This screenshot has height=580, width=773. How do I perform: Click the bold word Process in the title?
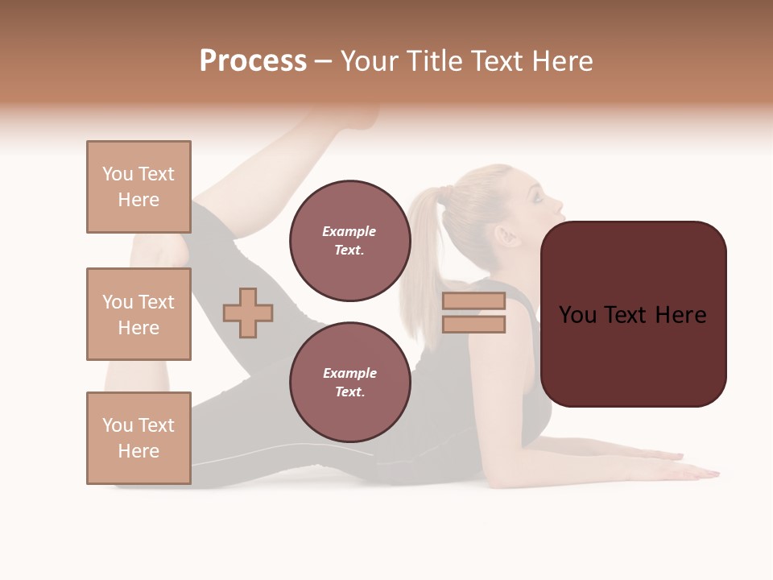coord(253,61)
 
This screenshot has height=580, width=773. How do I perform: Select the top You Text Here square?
coord(138,187)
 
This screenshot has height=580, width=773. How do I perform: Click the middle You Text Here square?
coord(138,314)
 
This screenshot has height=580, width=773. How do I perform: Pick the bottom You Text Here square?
coord(138,438)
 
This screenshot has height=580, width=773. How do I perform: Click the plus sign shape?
coord(248,313)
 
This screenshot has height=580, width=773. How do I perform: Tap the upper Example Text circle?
coord(349,241)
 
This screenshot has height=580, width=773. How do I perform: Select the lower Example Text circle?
coord(349,383)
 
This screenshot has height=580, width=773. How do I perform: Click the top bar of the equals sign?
coord(473,300)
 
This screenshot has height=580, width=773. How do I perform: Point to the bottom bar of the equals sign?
coord(473,325)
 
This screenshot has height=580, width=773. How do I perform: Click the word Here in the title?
coord(562,61)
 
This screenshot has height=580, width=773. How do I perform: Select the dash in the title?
coord(324,62)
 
